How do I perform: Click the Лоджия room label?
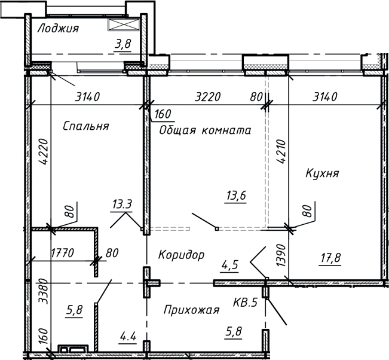pyautogui.click(x=58, y=28)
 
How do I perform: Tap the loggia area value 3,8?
pyautogui.click(x=124, y=43)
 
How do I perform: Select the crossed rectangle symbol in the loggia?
pyautogui.click(x=124, y=25)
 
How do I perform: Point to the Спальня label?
pyautogui.click(x=85, y=126)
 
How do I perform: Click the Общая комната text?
pyautogui.click(x=204, y=130)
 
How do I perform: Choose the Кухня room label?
pyautogui.click(x=322, y=173)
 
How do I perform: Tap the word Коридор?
pyautogui.click(x=181, y=255)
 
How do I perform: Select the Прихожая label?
pyautogui.click(x=191, y=310)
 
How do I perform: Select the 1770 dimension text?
pyautogui.click(x=62, y=253)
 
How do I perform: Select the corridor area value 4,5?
pyautogui.click(x=230, y=263)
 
